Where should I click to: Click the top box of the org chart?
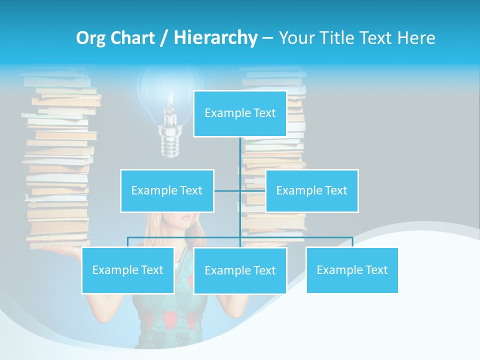(240, 113)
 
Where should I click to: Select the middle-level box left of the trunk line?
(167, 190)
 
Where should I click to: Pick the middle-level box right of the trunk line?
(311, 190)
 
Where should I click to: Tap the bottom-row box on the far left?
(128, 270)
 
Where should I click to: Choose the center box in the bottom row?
(240, 270)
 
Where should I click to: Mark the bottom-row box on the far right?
(352, 270)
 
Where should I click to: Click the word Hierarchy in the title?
(215, 38)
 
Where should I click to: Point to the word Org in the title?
(91, 38)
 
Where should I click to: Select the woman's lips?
(184, 218)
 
